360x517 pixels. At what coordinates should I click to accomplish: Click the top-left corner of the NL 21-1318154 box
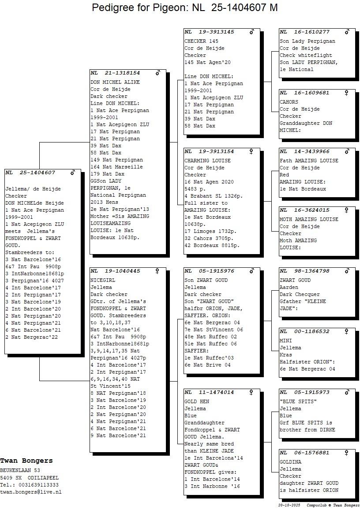click(x=90, y=70)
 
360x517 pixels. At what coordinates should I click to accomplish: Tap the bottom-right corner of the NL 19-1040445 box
click(x=166, y=452)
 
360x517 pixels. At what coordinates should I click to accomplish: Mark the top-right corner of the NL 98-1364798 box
click(x=356, y=268)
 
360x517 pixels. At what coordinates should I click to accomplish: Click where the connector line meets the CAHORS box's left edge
click(x=279, y=112)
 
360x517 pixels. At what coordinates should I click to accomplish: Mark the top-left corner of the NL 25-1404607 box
click(x=4, y=169)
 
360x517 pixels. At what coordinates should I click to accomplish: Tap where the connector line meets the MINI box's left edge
click(x=279, y=351)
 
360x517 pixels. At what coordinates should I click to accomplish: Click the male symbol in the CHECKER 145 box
click(x=252, y=32)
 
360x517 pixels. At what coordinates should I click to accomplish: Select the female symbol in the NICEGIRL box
click(x=157, y=271)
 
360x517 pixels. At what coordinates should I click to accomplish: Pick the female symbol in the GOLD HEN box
click(x=251, y=392)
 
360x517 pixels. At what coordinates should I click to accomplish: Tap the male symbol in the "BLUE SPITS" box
click(x=347, y=392)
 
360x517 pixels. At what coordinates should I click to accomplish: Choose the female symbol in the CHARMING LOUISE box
click(x=251, y=152)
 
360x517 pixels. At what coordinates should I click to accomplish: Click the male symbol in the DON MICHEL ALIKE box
click(x=158, y=73)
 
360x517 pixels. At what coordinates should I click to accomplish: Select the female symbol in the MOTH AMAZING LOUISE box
click(x=347, y=210)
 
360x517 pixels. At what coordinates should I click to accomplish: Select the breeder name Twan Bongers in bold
click(x=26, y=461)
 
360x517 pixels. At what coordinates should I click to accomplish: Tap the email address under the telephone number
click(x=30, y=491)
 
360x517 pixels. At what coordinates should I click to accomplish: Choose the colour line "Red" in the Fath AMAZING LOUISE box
click(x=284, y=175)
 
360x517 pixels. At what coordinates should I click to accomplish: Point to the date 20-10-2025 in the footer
click(x=289, y=505)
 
